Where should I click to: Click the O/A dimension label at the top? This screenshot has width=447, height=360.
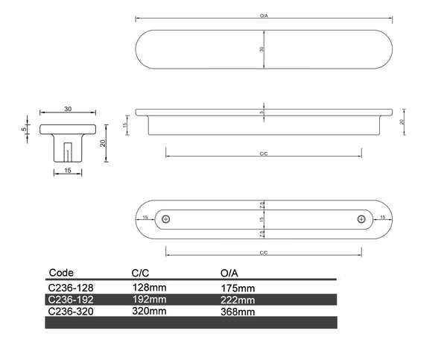click(264, 14)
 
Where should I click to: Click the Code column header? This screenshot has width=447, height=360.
click(61, 273)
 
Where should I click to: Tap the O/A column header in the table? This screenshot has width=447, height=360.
click(230, 273)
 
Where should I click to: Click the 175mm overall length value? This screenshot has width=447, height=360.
click(238, 287)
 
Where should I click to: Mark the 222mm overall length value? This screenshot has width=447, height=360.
click(238, 300)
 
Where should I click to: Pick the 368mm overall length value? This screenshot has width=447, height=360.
click(238, 312)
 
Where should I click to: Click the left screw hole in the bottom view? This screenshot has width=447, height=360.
click(166, 218)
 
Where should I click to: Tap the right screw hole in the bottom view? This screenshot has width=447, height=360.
click(361, 218)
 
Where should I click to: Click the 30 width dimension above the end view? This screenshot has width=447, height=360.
click(68, 110)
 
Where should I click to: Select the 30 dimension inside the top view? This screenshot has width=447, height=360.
click(261, 48)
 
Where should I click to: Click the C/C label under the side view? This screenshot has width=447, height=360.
click(264, 154)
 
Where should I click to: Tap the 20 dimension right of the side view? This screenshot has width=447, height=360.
click(402, 121)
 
